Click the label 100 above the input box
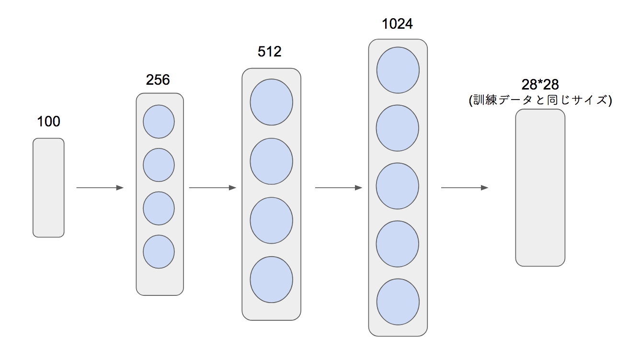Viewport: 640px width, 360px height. pos(48,121)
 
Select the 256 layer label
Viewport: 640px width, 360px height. pos(158,79)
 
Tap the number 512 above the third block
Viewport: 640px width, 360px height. pos(269,52)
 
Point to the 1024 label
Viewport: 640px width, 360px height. pos(397,23)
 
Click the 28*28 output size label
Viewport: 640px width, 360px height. pos(540,85)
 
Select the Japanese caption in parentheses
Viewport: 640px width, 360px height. pos(540,100)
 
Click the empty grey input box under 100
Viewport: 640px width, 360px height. pos(48,188)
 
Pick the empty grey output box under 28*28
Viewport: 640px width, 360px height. pos(540,188)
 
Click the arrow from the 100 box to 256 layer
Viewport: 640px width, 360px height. pos(100,188)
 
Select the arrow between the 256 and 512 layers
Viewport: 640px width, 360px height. pos(213,188)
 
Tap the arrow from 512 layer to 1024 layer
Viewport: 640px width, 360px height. pos(339,188)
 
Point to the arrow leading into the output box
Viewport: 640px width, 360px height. pos(465,188)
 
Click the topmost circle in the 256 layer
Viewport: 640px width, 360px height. pos(159,122)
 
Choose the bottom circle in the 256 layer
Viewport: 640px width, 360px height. pos(159,252)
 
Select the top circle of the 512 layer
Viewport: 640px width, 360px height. pos(272,102)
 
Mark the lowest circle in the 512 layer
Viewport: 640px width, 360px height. pos(272,280)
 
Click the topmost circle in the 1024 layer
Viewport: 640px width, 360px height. pos(398,70)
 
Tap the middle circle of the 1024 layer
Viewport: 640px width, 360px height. pos(398,186)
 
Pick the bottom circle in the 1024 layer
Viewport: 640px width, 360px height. pos(398,302)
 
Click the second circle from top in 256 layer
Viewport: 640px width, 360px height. pos(159,165)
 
